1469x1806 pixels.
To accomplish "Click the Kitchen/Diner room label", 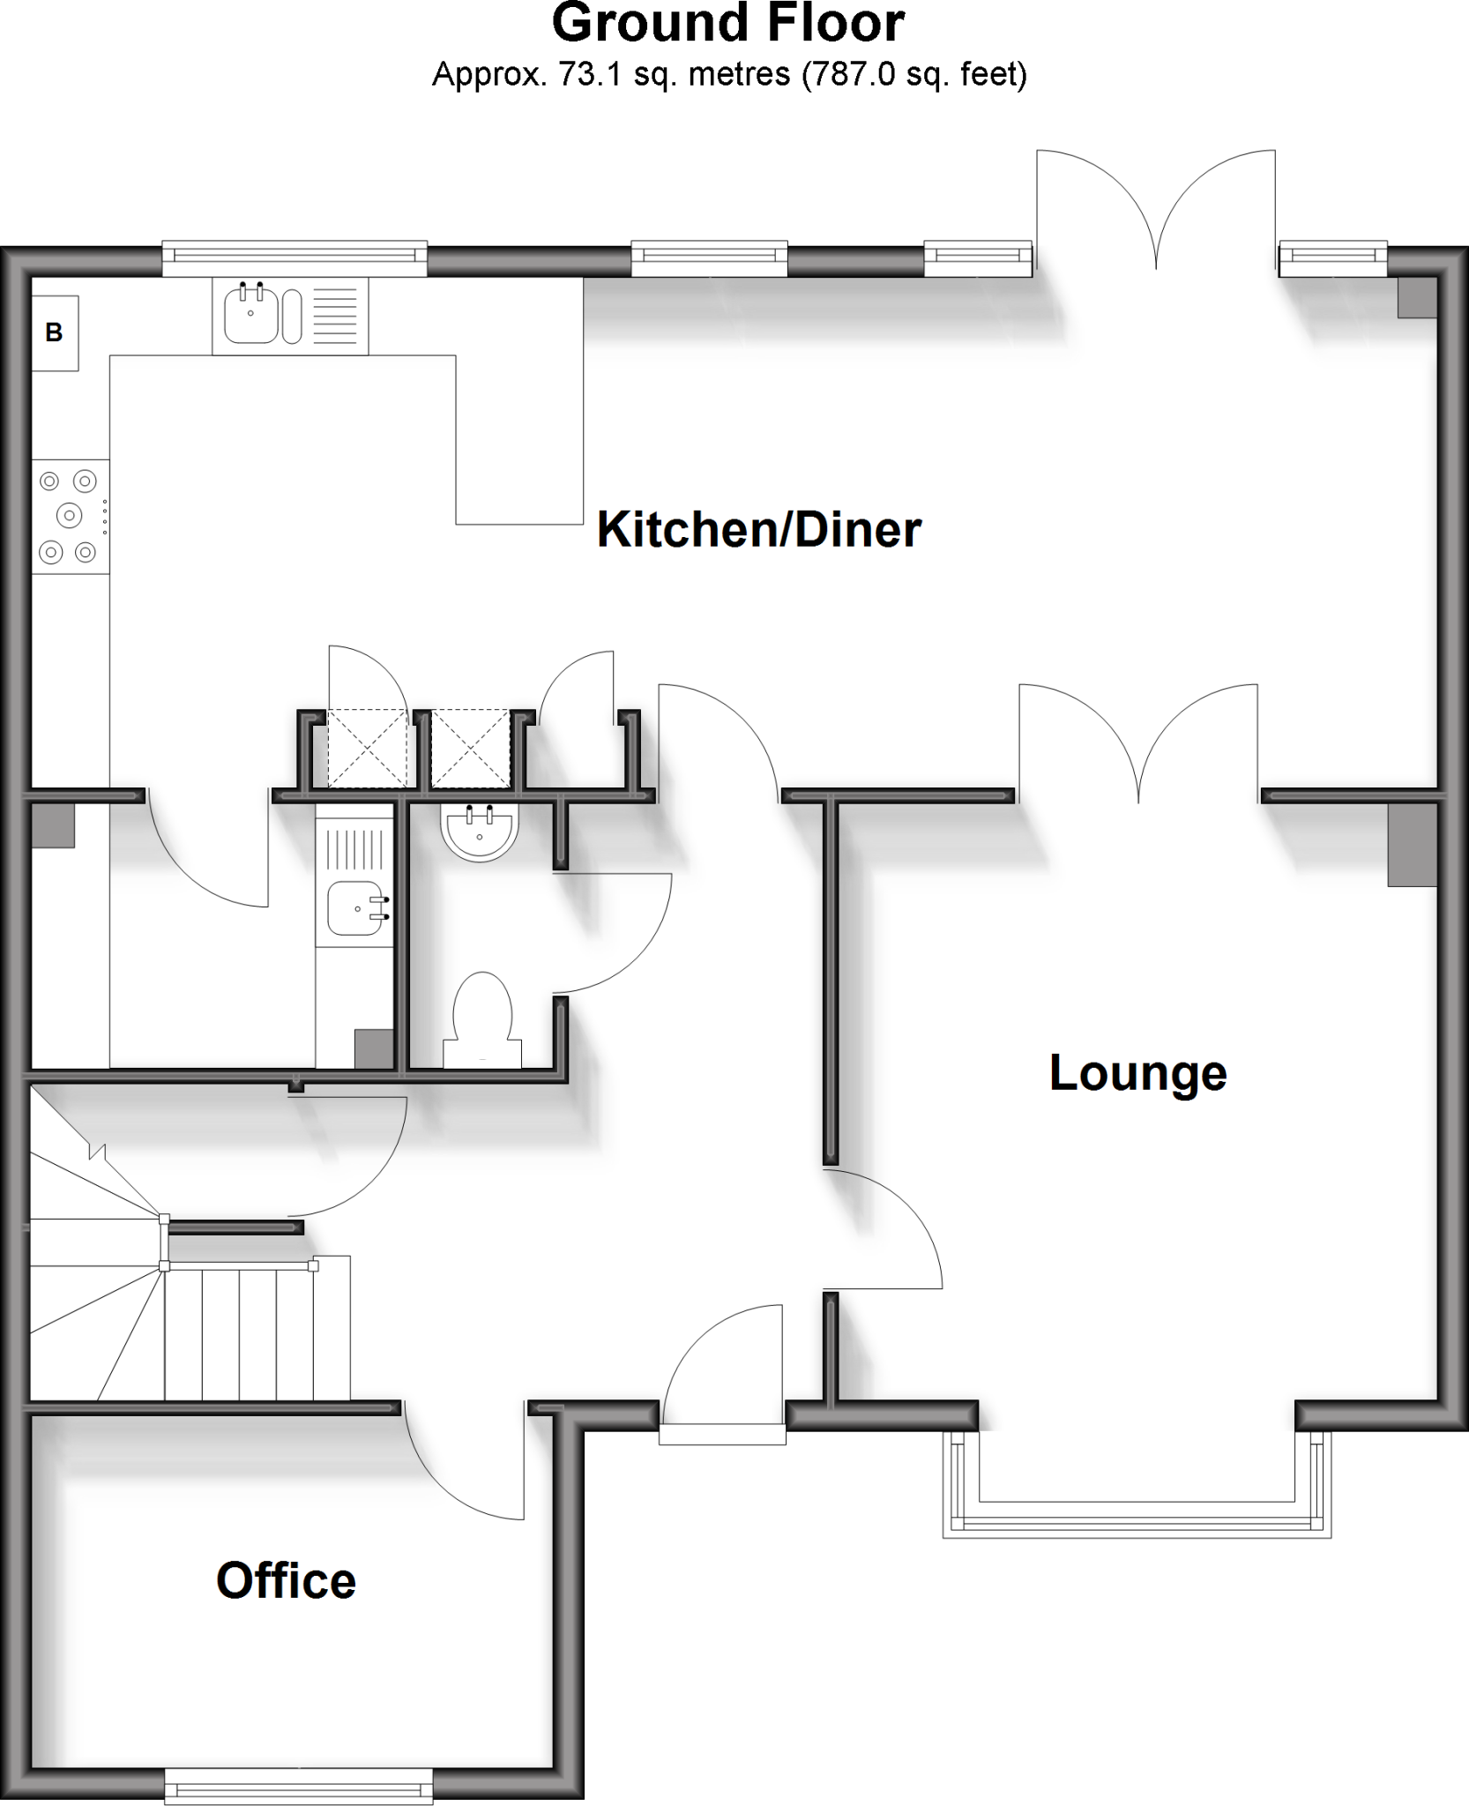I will (x=759, y=530).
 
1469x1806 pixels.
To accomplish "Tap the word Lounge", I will (x=1137, y=1073).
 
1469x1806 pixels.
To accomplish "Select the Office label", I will (x=286, y=1580).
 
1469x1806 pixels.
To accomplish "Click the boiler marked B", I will (x=55, y=332).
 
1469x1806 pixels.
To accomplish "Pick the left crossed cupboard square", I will (x=368, y=748).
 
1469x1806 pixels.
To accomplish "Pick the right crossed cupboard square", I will (x=471, y=748).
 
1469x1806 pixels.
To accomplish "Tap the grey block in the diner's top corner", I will (x=1417, y=297).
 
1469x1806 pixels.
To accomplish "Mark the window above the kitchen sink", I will (x=295, y=256).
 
